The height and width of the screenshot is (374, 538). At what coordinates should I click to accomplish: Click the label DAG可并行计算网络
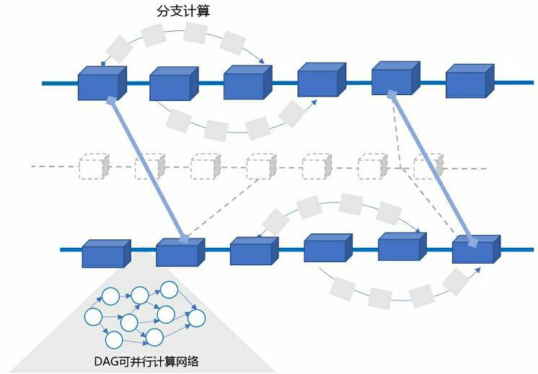pos(146,361)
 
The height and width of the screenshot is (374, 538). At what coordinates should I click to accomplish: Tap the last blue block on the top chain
pos(469,81)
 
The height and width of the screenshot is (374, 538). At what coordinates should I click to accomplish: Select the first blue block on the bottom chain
pos(105,254)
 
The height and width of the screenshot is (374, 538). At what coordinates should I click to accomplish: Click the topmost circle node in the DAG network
pos(169,290)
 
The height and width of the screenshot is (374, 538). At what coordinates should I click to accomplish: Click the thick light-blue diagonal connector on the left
pos(146,169)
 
